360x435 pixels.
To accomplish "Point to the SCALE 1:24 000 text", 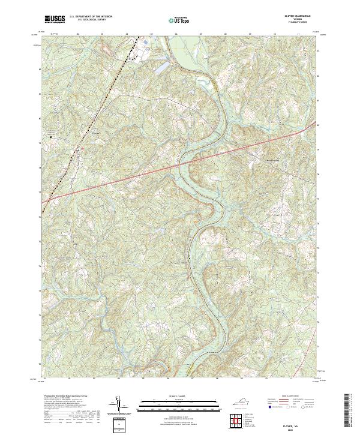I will [178, 397].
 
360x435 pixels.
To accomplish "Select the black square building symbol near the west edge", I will [50, 136].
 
